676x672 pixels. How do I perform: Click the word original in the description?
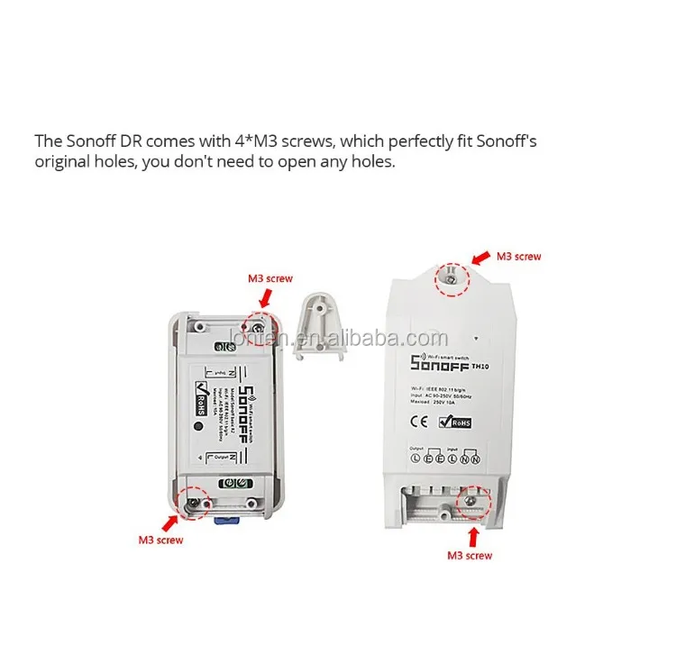coord(62,163)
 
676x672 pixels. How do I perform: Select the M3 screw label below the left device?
coord(160,540)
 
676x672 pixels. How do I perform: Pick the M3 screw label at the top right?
coord(518,257)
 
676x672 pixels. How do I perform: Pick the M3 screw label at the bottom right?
coord(470,556)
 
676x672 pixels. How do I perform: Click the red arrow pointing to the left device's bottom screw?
coord(169,521)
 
